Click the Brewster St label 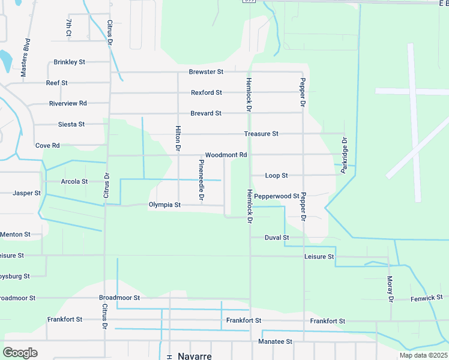(x=206, y=71)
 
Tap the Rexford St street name (x=206, y=92)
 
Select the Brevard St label (x=206, y=113)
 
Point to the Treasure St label (x=261, y=134)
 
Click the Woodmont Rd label (x=226, y=155)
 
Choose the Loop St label (x=277, y=176)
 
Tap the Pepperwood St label (x=277, y=196)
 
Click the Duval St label (x=277, y=238)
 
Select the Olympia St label (x=164, y=205)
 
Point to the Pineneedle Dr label (x=202, y=180)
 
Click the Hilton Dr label (x=178, y=138)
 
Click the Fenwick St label (x=426, y=298)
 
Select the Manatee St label (x=276, y=341)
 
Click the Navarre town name (x=194, y=356)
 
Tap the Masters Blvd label (x=25, y=58)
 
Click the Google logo (x=20, y=352)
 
